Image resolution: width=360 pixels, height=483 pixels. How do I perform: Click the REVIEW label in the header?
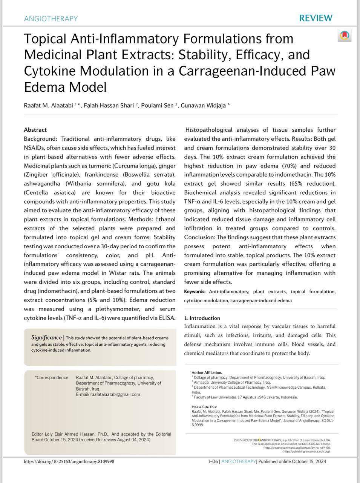(x=316, y=18)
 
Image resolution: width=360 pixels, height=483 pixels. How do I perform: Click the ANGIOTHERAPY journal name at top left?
(x=51, y=18)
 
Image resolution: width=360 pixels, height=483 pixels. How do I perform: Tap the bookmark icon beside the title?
(x=344, y=35)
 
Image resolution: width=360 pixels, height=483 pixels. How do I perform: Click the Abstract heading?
(x=35, y=130)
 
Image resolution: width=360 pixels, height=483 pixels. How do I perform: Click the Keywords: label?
(x=195, y=292)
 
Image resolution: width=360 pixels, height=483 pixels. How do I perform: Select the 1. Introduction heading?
(x=202, y=318)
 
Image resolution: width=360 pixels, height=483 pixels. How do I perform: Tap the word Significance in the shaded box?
(x=46, y=337)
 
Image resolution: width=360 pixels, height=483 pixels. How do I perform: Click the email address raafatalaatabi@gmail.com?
(x=115, y=395)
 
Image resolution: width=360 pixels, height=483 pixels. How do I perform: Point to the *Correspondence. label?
(x=52, y=377)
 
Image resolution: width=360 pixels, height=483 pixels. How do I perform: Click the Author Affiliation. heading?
(x=207, y=372)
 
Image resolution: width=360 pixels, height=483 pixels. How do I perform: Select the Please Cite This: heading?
(x=204, y=407)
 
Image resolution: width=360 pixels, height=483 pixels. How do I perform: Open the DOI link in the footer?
(x=69, y=461)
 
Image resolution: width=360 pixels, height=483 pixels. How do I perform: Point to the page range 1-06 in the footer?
(x=213, y=461)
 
